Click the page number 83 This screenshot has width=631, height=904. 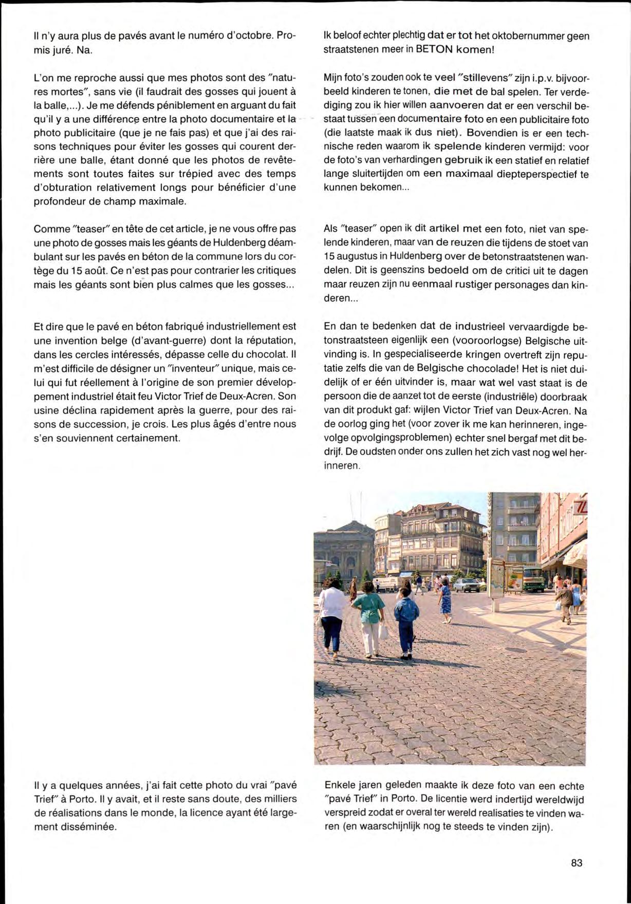coord(577,862)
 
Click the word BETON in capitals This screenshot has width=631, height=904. coord(434,50)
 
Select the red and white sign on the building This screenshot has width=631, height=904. coord(581,509)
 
